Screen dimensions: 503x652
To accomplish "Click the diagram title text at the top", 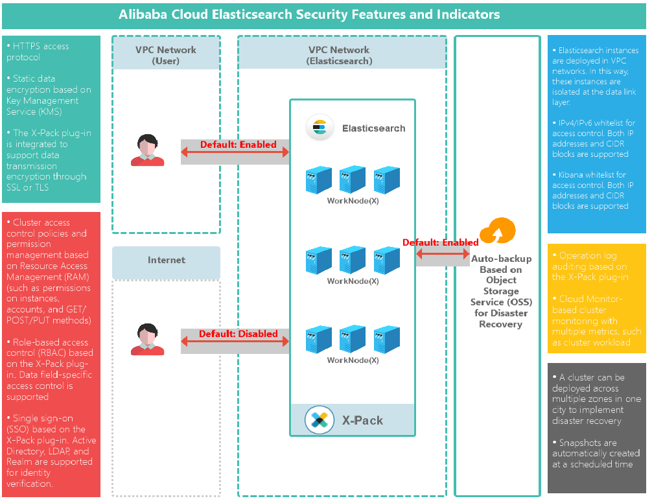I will (x=309, y=14).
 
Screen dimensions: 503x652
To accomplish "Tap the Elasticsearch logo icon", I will (x=320, y=128).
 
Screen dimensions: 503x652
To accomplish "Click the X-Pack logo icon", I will (x=319, y=420).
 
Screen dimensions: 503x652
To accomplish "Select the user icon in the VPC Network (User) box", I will (x=147, y=150).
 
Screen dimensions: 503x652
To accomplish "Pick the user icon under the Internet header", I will (x=147, y=340).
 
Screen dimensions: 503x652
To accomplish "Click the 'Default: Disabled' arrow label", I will (x=238, y=334).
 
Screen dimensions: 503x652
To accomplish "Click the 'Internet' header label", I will (x=167, y=260).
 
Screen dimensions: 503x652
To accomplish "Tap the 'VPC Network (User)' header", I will (x=166, y=55).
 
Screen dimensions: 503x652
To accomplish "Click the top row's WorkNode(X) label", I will (x=353, y=201).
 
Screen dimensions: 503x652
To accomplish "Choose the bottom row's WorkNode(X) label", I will (x=353, y=360).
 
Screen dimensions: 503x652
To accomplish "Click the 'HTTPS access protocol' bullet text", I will (x=38, y=51).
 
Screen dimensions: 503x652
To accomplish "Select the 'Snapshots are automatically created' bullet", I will (x=595, y=453).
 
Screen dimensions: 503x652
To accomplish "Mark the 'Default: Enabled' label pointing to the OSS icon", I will (x=440, y=242).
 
